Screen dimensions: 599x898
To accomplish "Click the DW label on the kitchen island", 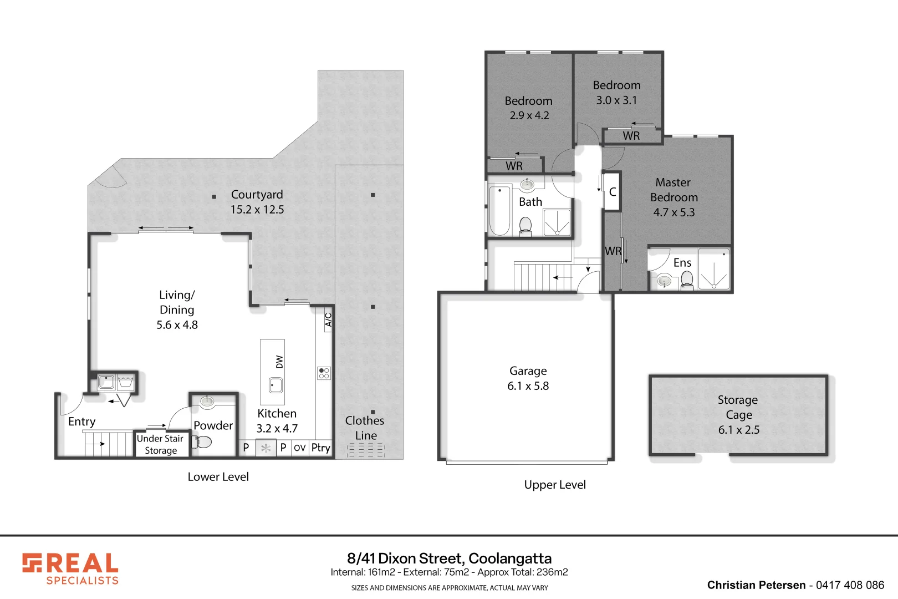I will point(279,362).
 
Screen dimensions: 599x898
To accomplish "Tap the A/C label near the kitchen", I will point(328,320).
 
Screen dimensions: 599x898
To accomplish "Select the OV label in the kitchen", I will point(300,448).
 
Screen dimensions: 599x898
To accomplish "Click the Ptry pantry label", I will point(320,448).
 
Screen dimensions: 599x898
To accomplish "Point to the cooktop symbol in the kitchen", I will point(324,373).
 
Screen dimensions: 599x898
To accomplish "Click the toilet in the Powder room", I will point(203,441).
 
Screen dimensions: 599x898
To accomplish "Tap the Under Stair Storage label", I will point(160,444).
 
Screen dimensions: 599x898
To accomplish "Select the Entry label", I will point(81,422).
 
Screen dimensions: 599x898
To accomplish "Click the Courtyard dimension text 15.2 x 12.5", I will point(257,210).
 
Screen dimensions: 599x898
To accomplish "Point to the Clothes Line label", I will point(365,428).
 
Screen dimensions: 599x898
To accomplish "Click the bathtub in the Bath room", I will point(499,210).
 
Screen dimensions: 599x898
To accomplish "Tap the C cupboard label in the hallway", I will point(612,192).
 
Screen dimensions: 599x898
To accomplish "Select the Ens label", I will point(682,263).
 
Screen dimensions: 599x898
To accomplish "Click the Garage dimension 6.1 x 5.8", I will point(528,386).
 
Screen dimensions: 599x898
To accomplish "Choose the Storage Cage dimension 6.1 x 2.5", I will point(738,430).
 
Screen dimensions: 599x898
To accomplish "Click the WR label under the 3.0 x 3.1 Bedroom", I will point(631,136).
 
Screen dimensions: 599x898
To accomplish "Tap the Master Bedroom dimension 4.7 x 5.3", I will point(673,212).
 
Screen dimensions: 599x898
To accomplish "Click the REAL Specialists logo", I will point(70,569).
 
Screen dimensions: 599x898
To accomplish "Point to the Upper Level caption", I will point(555,485).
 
